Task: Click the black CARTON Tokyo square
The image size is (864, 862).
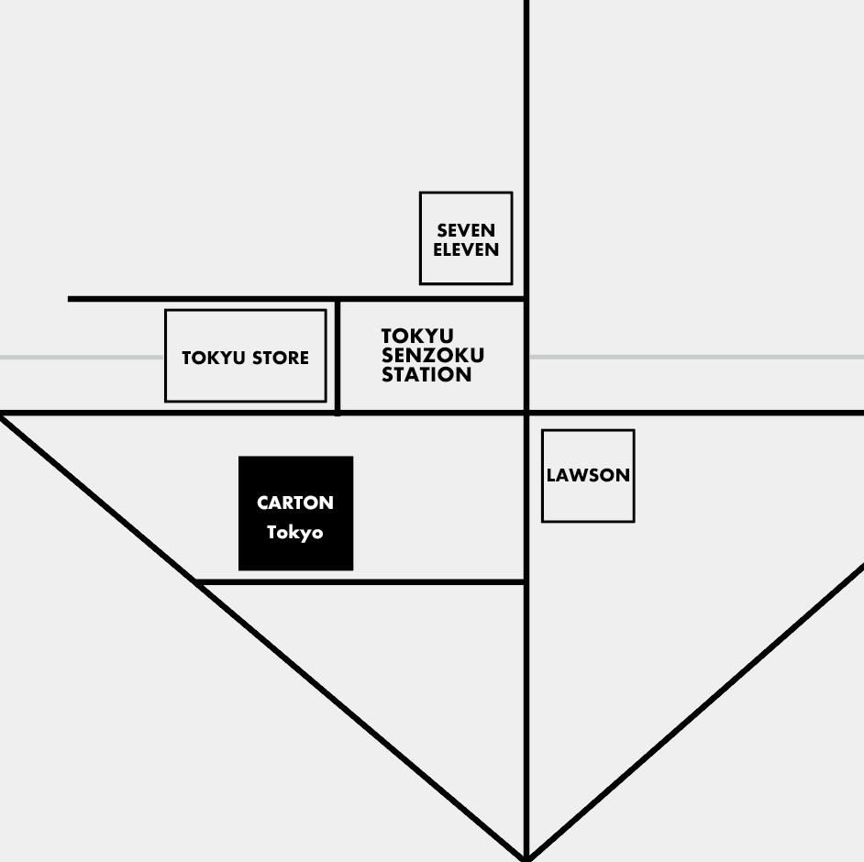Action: point(296,514)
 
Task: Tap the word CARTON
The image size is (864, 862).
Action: point(295,503)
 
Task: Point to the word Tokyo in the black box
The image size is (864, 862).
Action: point(294,533)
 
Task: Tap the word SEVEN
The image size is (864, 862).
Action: point(466,230)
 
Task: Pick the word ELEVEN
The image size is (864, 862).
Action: point(466,249)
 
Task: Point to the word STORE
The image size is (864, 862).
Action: point(281,358)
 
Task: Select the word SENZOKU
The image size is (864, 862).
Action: point(433,355)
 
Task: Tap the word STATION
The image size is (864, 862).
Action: point(426,374)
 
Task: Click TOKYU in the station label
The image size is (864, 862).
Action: point(417,336)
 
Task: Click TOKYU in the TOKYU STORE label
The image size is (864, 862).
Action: point(214,358)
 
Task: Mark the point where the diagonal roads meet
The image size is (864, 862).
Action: point(526,858)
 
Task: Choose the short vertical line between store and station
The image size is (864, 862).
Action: point(338,358)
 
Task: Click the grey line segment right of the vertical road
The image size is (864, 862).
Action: point(697,358)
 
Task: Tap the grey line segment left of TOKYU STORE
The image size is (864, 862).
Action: point(82,358)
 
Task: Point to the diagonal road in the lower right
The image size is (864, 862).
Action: point(695,711)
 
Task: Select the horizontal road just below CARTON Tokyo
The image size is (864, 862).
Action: point(360,581)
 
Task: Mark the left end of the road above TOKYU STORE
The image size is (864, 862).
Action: point(68,299)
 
